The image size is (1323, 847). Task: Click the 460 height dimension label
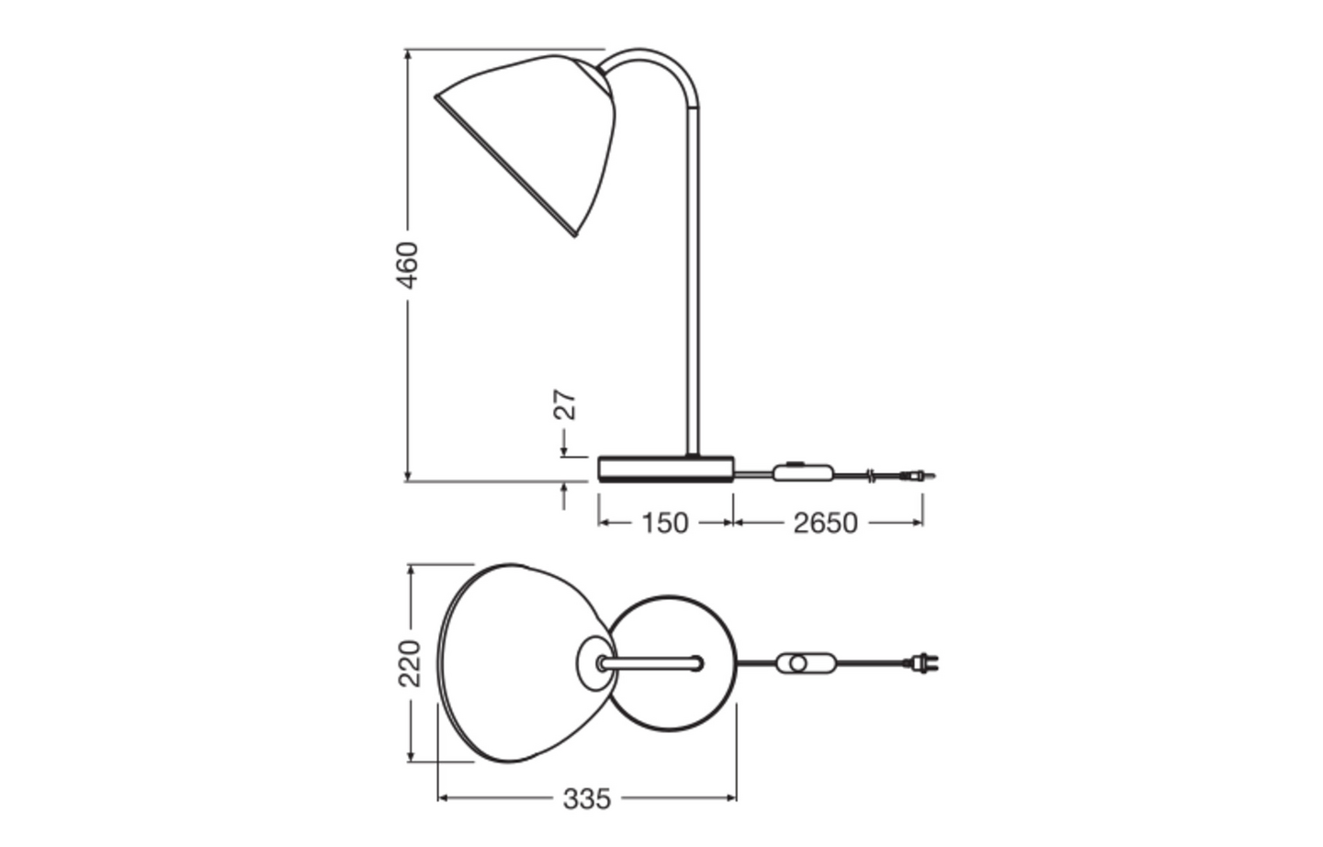click(x=407, y=265)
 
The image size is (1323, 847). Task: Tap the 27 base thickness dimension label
click(x=565, y=404)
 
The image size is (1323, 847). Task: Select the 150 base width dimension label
click(x=665, y=524)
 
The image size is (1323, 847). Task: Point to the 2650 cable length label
click(x=825, y=524)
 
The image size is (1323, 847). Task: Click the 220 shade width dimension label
click(x=410, y=662)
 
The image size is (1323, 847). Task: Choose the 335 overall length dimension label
click(x=586, y=799)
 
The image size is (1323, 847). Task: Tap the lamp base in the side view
click(x=666, y=469)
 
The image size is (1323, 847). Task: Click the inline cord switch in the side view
click(x=803, y=472)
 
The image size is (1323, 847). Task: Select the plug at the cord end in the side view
click(x=918, y=475)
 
